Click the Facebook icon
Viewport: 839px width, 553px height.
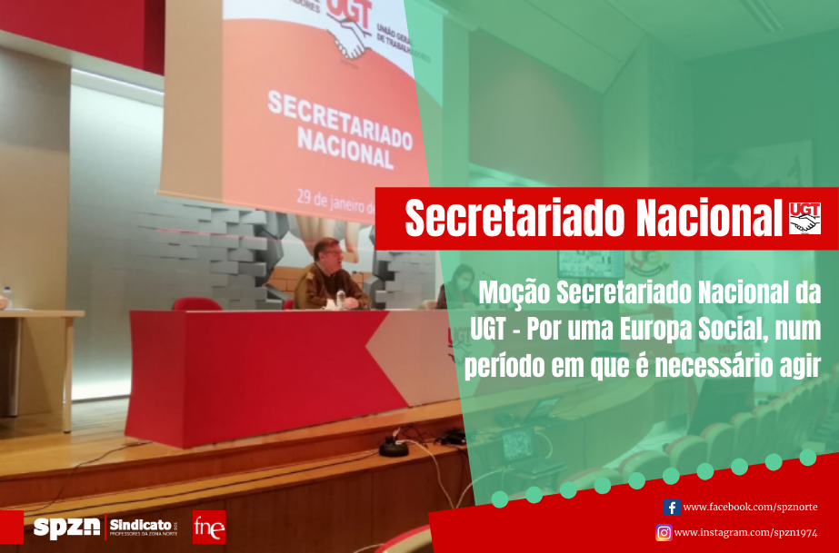tap(672, 507)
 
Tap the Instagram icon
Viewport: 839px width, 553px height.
tap(664, 533)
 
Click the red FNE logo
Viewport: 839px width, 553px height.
tap(208, 527)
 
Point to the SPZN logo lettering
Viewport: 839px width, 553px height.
tap(66, 528)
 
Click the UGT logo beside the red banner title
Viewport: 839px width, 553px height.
tap(804, 218)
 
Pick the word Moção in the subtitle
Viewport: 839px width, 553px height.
tap(513, 293)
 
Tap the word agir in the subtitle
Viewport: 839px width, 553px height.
tap(801, 364)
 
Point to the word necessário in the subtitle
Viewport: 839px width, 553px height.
tap(704, 364)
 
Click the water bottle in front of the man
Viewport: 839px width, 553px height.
tap(341, 298)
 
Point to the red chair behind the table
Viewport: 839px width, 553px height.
tap(196, 304)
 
